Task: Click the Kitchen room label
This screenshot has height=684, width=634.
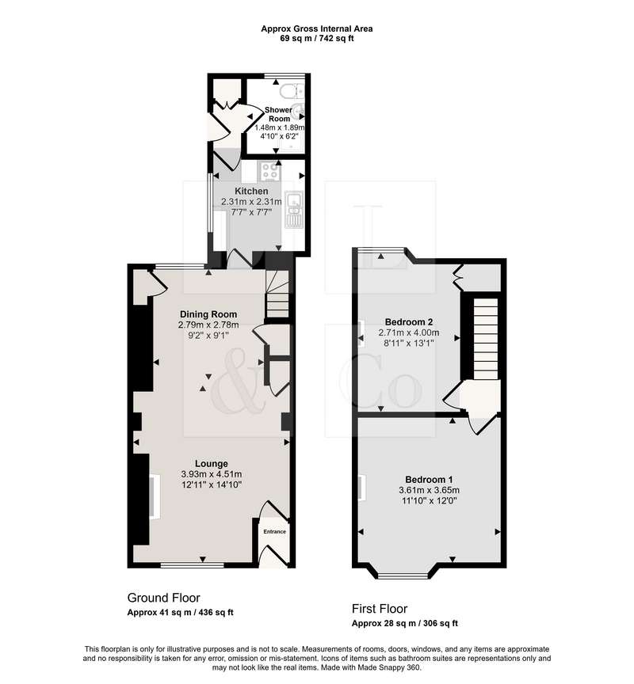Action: (x=251, y=191)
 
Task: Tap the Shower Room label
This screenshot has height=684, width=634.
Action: (x=279, y=114)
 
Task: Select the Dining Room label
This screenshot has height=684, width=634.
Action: (x=208, y=314)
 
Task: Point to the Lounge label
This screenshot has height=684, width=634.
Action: (x=212, y=464)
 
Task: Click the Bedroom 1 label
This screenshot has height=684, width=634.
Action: (x=429, y=480)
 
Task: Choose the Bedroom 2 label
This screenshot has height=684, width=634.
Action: (x=409, y=322)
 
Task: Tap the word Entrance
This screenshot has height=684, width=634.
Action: (x=275, y=531)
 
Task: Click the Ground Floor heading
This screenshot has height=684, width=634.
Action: (x=164, y=598)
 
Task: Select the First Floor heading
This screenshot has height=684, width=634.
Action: (x=380, y=609)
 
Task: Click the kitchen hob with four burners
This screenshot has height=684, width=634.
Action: (x=269, y=170)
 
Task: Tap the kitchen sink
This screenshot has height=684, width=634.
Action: (x=294, y=210)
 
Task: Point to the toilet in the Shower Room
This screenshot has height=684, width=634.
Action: (x=291, y=92)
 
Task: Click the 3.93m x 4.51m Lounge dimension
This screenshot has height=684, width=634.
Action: (x=212, y=474)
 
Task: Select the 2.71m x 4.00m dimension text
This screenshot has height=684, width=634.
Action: (x=409, y=332)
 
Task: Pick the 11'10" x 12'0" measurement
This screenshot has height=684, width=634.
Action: (x=430, y=500)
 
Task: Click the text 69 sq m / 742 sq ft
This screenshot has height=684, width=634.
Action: (x=316, y=38)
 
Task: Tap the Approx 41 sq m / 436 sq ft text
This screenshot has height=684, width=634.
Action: (x=181, y=613)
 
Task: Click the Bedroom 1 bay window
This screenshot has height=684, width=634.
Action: (x=403, y=576)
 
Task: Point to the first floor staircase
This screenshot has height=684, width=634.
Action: (x=486, y=339)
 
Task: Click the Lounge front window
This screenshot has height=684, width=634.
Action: (x=192, y=565)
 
